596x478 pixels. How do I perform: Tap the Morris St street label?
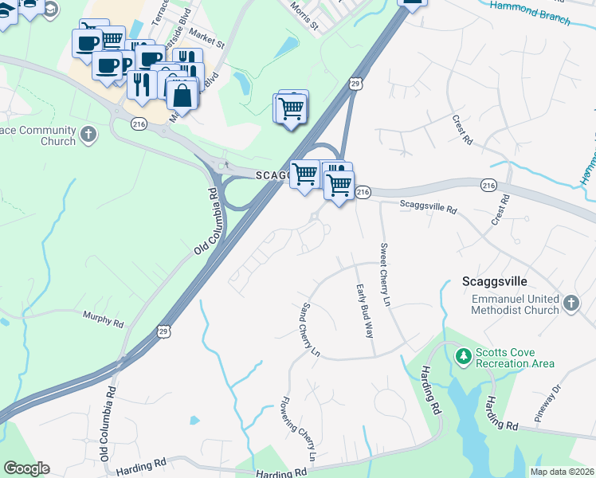(x=304, y=17)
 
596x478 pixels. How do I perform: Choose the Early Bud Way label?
(x=363, y=311)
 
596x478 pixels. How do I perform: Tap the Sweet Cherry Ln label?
(x=386, y=275)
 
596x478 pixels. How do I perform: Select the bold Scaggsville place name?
(x=495, y=282)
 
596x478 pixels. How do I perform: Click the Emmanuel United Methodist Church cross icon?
(x=571, y=303)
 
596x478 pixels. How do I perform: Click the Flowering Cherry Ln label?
(x=297, y=430)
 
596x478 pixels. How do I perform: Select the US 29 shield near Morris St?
(x=355, y=84)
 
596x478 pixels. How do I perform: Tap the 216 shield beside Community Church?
(x=139, y=124)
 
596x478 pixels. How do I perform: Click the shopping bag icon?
(x=182, y=95)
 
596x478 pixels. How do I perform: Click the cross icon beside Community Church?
(x=88, y=134)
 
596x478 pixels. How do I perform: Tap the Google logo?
(x=26, y=468)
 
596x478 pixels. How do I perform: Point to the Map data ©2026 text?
(x=562, y=472)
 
